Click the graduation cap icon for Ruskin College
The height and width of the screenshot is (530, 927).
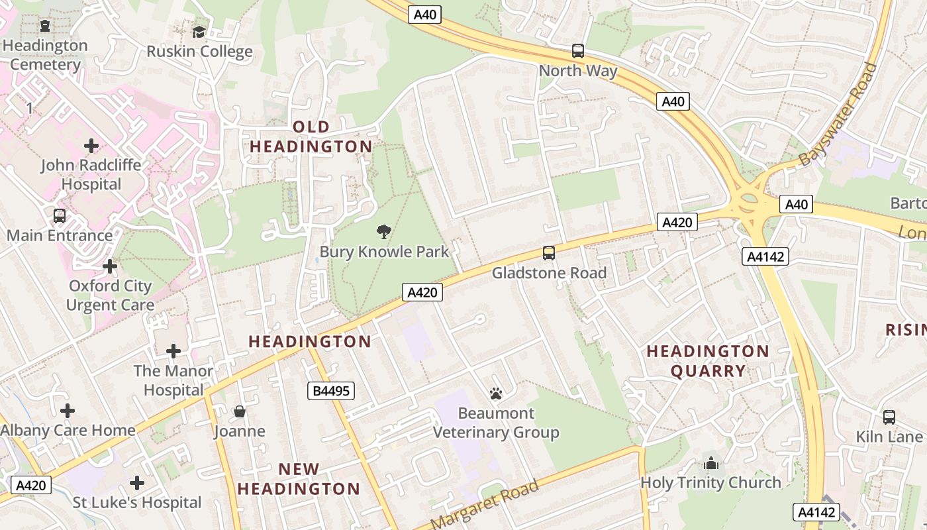coord(199,32)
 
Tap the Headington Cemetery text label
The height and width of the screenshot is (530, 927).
coord(45,55)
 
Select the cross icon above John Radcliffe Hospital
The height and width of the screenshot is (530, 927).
coord(91,146)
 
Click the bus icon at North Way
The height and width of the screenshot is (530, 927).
coord(578,51)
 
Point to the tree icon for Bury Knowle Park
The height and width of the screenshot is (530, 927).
coord(383,232)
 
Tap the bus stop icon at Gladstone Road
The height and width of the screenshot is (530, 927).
coord(549,252)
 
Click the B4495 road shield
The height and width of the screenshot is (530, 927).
coord(331,391)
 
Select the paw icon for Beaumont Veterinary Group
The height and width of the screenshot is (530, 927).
coord(496,394)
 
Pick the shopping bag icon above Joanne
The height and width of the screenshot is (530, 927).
coord(240,411)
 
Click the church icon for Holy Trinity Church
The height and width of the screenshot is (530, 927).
coord(711,463)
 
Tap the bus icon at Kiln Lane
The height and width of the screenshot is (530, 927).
coord(889,417)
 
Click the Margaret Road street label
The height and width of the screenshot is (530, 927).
coord(485,505)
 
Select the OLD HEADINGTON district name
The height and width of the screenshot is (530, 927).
coord(311,136)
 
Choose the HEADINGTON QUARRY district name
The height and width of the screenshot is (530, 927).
coord(708,361)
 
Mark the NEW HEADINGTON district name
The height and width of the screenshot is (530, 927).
coord(299,479)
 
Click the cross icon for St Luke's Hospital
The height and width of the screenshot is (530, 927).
coord(137,483)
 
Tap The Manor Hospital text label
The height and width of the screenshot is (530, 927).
coord(173,380)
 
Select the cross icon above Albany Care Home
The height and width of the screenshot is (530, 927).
coord(68,411)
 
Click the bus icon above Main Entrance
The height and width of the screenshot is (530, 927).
coord(60,216)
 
